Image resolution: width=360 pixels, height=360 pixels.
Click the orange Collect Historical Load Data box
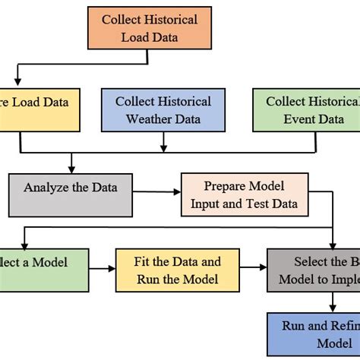pos(149,27)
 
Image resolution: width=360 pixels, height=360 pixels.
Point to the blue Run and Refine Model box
pos(312,334)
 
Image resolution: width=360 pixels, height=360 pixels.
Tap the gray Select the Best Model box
pos(312,270)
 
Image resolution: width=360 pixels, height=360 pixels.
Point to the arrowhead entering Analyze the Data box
pos(71,169)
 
